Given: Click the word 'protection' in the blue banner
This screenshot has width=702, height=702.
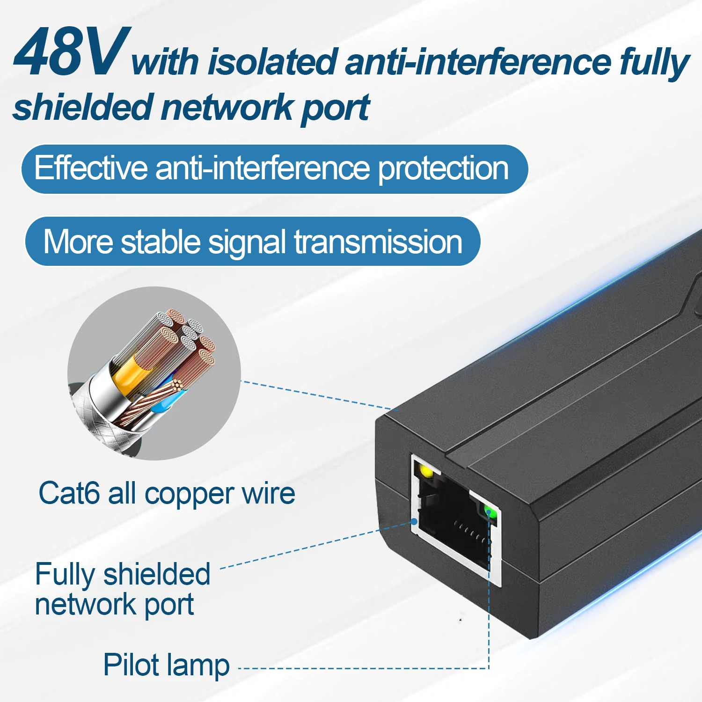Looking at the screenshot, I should click(x=443, y=168).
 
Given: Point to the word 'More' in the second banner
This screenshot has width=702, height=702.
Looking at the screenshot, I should click(x=78, y=242).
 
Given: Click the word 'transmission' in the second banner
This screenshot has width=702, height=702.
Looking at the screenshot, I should click(x=378, y=242).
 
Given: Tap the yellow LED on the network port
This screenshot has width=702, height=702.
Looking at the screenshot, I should click(x=426, y=471).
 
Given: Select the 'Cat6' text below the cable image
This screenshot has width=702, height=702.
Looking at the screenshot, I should click(x=69, y=493).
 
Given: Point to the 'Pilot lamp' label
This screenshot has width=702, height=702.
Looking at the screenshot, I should click(x=166, y=665).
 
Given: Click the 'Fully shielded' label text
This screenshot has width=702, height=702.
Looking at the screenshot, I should click(x=123, y=575).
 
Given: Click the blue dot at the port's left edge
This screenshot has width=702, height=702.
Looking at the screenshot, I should click(x=414, y=521).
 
